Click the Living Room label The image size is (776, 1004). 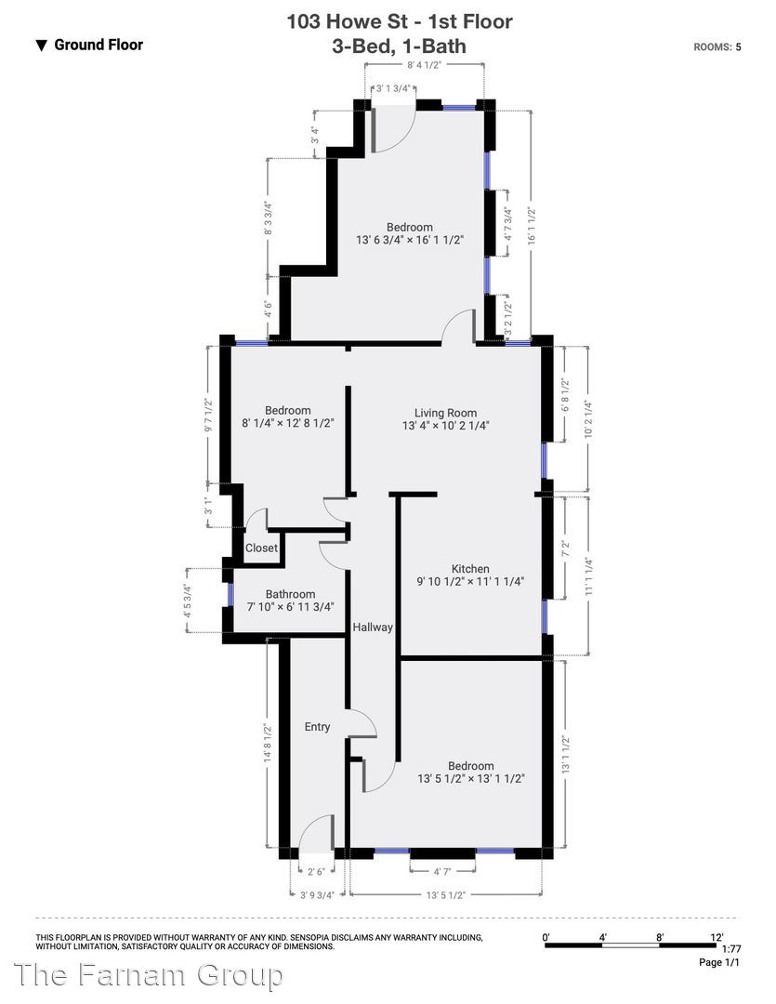[x=445, y=413]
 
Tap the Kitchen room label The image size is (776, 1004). [x=470, y=569]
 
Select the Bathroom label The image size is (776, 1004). [x=290, y=594]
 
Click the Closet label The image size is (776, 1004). [x=261, y=548]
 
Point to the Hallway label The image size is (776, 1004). [x=373, y=627]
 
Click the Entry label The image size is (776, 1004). [x=317, y=727]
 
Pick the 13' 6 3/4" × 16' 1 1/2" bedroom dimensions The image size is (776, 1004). [x=410, y=240]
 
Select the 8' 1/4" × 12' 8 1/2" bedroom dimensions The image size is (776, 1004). [x=288, y=423]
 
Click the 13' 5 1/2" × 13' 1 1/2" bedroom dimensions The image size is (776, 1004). [x=470, y=779]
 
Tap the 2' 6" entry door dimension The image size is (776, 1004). [x=316, y=871]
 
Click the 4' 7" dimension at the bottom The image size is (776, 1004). [x=442, y=871]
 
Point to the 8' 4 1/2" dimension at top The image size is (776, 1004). [x=425, y=65]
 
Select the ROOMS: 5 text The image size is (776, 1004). [x=717, y=46]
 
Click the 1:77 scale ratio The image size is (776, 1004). [x=730, y=949]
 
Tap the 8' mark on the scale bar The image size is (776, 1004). [x=660, y=937]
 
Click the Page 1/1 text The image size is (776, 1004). [x=719, y=962]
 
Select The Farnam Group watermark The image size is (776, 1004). [x=148, y=975]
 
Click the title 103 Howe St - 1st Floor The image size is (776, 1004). [x=399, y=21]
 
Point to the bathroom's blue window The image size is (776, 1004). [x=230, y=594]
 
